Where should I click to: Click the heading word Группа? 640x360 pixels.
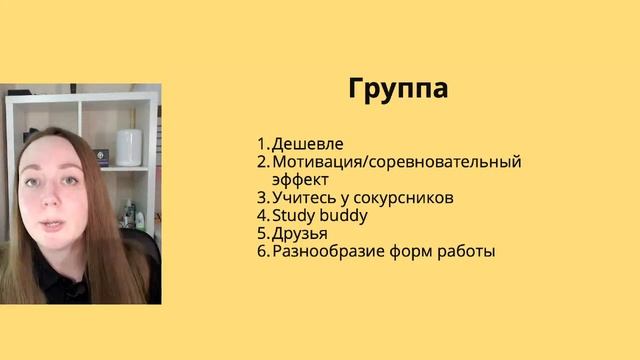(398, 88)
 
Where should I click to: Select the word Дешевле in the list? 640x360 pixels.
(308, 144)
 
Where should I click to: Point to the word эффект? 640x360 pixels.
(300, 180)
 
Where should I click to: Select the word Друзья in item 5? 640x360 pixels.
(300, 234)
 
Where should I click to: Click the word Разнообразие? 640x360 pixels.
(327, 252)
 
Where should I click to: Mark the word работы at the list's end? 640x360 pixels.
(465, 252)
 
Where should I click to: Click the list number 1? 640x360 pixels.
(260, 144)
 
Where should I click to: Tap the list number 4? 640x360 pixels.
(261, 216)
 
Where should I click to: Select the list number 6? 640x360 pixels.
(261, 252)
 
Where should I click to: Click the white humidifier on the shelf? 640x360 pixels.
(129, 147)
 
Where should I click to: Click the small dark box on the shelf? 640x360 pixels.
(100, 156)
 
